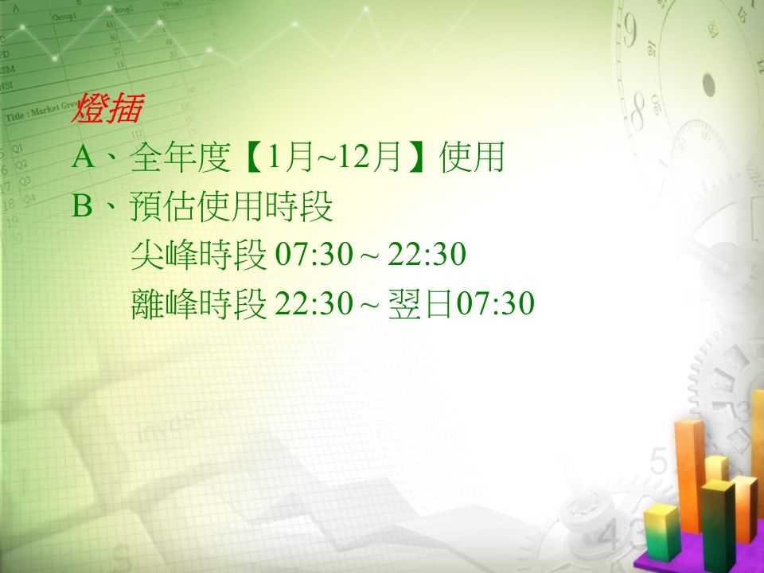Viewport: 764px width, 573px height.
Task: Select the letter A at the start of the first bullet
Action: coord(84,158)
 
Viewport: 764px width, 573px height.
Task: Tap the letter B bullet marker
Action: coord(82,205)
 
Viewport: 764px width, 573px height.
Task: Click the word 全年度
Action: coord(180,158)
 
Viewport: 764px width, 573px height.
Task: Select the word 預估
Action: coord(163,206)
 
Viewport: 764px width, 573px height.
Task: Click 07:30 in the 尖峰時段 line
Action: coord(314,255)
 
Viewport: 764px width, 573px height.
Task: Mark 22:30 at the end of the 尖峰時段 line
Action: coord(427,255)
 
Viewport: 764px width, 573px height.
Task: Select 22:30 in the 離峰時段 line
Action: coord(314,303)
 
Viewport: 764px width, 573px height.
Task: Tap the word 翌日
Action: coord(421,303)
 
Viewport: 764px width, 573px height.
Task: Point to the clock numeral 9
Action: coord(629,30)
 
